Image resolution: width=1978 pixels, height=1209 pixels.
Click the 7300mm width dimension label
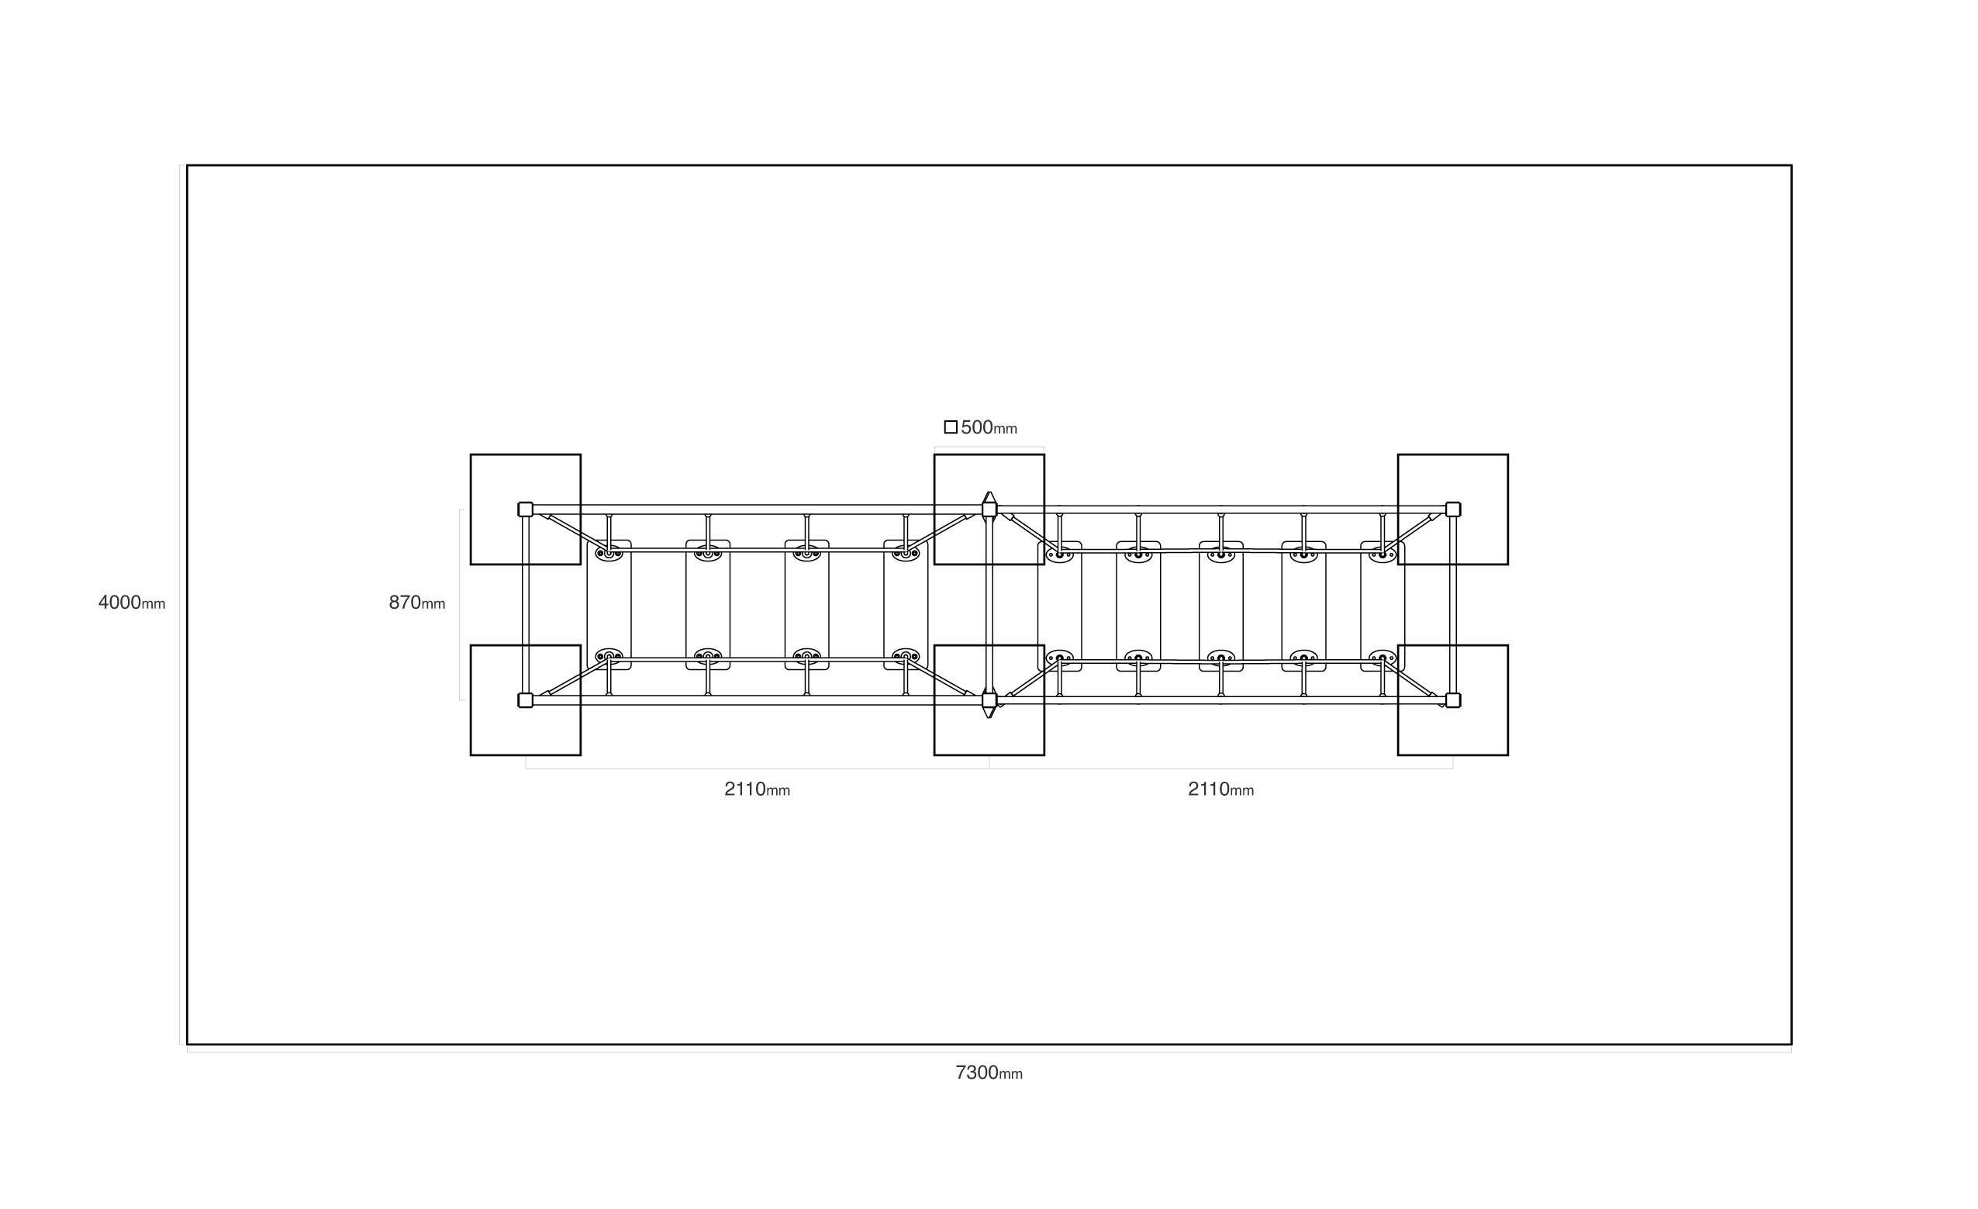[989, 1073]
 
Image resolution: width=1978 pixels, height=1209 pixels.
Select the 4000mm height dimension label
[132, 602]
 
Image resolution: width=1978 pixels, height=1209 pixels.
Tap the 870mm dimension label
[416, 602]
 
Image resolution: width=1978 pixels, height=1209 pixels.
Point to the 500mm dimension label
[989, 427]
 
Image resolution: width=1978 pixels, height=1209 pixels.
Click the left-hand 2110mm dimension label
[757, 789]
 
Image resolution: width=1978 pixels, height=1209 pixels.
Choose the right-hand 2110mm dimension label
[1221, 789]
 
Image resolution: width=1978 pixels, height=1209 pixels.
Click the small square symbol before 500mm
[951, 427]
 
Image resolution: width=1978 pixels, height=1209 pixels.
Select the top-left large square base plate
[526, 510]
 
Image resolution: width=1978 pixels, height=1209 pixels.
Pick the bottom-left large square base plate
[526, 700]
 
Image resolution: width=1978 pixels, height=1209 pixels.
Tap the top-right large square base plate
[1453, 510]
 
